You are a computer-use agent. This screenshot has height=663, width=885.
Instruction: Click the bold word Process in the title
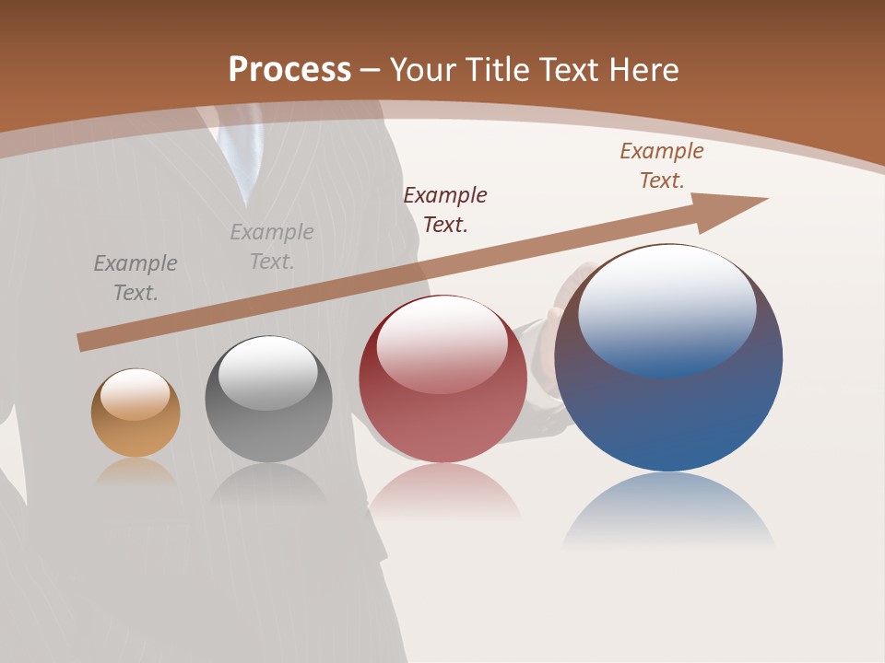[289, 70]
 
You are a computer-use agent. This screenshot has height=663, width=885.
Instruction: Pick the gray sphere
[268, 414]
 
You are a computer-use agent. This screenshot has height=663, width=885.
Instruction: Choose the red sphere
[442, 414]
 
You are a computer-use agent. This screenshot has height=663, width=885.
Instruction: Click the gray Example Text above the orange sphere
[136, 278]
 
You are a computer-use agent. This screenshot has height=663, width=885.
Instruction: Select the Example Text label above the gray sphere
[272, 247]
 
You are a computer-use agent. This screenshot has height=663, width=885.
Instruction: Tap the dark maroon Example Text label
[445, 209]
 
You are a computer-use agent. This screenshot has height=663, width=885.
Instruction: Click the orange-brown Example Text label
[662, 166]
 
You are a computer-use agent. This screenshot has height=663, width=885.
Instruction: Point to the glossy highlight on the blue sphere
[667, 308]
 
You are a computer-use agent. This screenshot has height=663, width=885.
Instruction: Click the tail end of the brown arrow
[85, 342]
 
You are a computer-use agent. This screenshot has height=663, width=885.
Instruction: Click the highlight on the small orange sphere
[136, 394]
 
